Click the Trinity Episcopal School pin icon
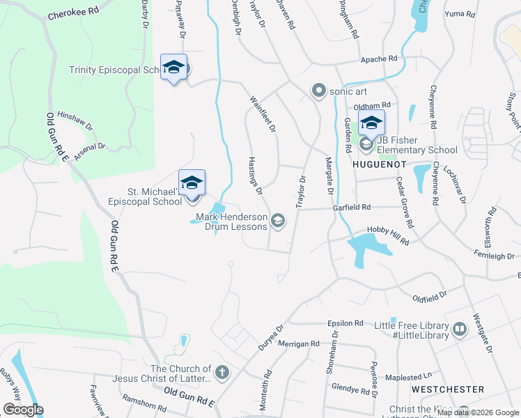click(173, 68)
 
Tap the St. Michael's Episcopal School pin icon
click(192, 184)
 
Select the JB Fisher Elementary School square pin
click(372, 123)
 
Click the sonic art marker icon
click(319, 91)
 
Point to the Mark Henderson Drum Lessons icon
click(278, 221)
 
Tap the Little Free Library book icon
click(459, 329)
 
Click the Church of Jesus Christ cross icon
click(222, 373)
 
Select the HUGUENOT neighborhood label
click(379, 164)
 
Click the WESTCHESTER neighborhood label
click(447, 389)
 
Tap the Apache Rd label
click(378, 60)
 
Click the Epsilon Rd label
click(345, 323)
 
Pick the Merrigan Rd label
click(299, 343)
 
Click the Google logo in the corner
click(23, 410)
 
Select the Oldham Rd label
click(372, 106)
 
